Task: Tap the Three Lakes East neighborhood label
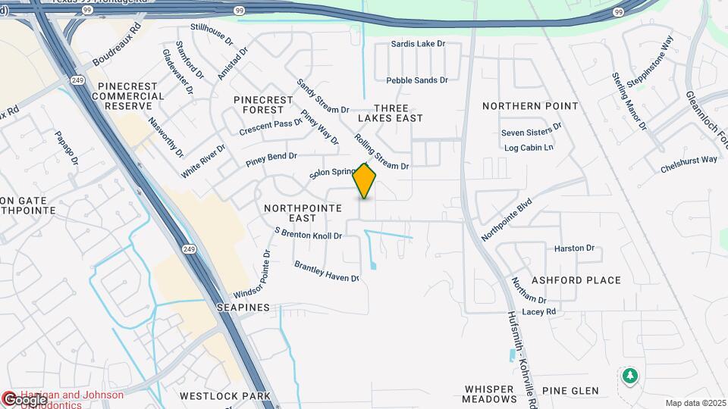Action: click(391, 113)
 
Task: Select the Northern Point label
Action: click(530, 106)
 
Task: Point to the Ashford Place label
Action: click(576, 280)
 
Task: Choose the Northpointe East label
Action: click(296, 212)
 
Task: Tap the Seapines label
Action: click(243, 308)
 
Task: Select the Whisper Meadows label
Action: click(490, 394)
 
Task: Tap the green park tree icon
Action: click(629, 376)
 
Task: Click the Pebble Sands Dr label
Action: click(417, 80)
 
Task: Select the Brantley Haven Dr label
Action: click(326, 272)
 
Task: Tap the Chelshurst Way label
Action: click(689, 160)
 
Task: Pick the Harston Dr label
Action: click(574, 248)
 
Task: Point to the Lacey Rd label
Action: click(539, 311)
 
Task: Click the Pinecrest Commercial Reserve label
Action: click(128, 96)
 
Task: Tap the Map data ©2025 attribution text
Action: click(695, 403)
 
